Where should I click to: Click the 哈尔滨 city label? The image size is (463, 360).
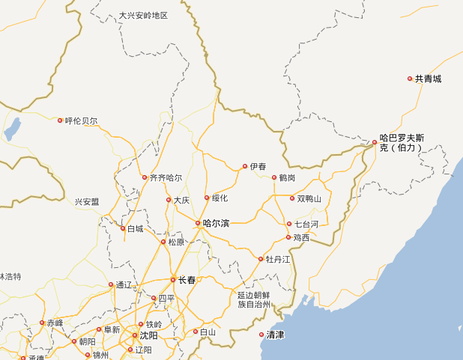[216, 223]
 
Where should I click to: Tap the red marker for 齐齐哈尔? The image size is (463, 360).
[145, 177]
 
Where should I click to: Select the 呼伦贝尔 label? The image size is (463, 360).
[81, 120]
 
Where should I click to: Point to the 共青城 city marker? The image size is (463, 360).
[410, 79]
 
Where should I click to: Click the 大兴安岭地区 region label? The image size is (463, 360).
[143, 16]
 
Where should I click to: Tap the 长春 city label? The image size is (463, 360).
[187, 280]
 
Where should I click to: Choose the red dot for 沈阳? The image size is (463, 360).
[135, 335]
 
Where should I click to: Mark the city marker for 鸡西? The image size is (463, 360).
[288, 237]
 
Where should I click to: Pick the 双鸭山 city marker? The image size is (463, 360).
[292, 198]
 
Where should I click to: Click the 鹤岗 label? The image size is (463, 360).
[287, 178]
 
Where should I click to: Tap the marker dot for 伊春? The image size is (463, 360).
[244, 166]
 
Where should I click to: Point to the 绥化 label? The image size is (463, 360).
[220, 198]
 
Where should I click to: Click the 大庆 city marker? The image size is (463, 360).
[168, 200]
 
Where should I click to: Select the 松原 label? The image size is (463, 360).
[176, 242]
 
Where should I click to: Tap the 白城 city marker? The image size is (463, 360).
[123, 228]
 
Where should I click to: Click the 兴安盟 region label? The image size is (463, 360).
[87, 202]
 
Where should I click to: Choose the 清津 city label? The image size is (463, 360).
[275, 335]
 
